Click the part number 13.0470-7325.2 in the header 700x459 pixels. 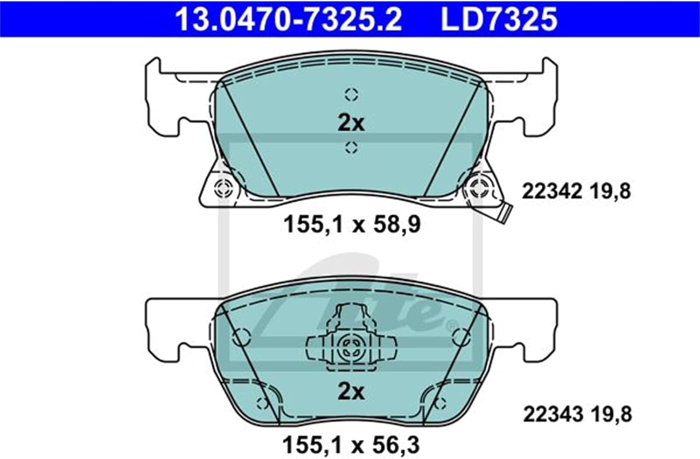[289, 20]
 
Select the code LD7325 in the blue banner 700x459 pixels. [499, 20]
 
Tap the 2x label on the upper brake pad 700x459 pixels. [351, 124]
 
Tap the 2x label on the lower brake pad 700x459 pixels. [351, 392]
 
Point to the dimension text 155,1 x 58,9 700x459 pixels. [352, 225]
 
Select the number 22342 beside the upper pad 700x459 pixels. [552, 191]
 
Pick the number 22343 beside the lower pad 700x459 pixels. [553, 415]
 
